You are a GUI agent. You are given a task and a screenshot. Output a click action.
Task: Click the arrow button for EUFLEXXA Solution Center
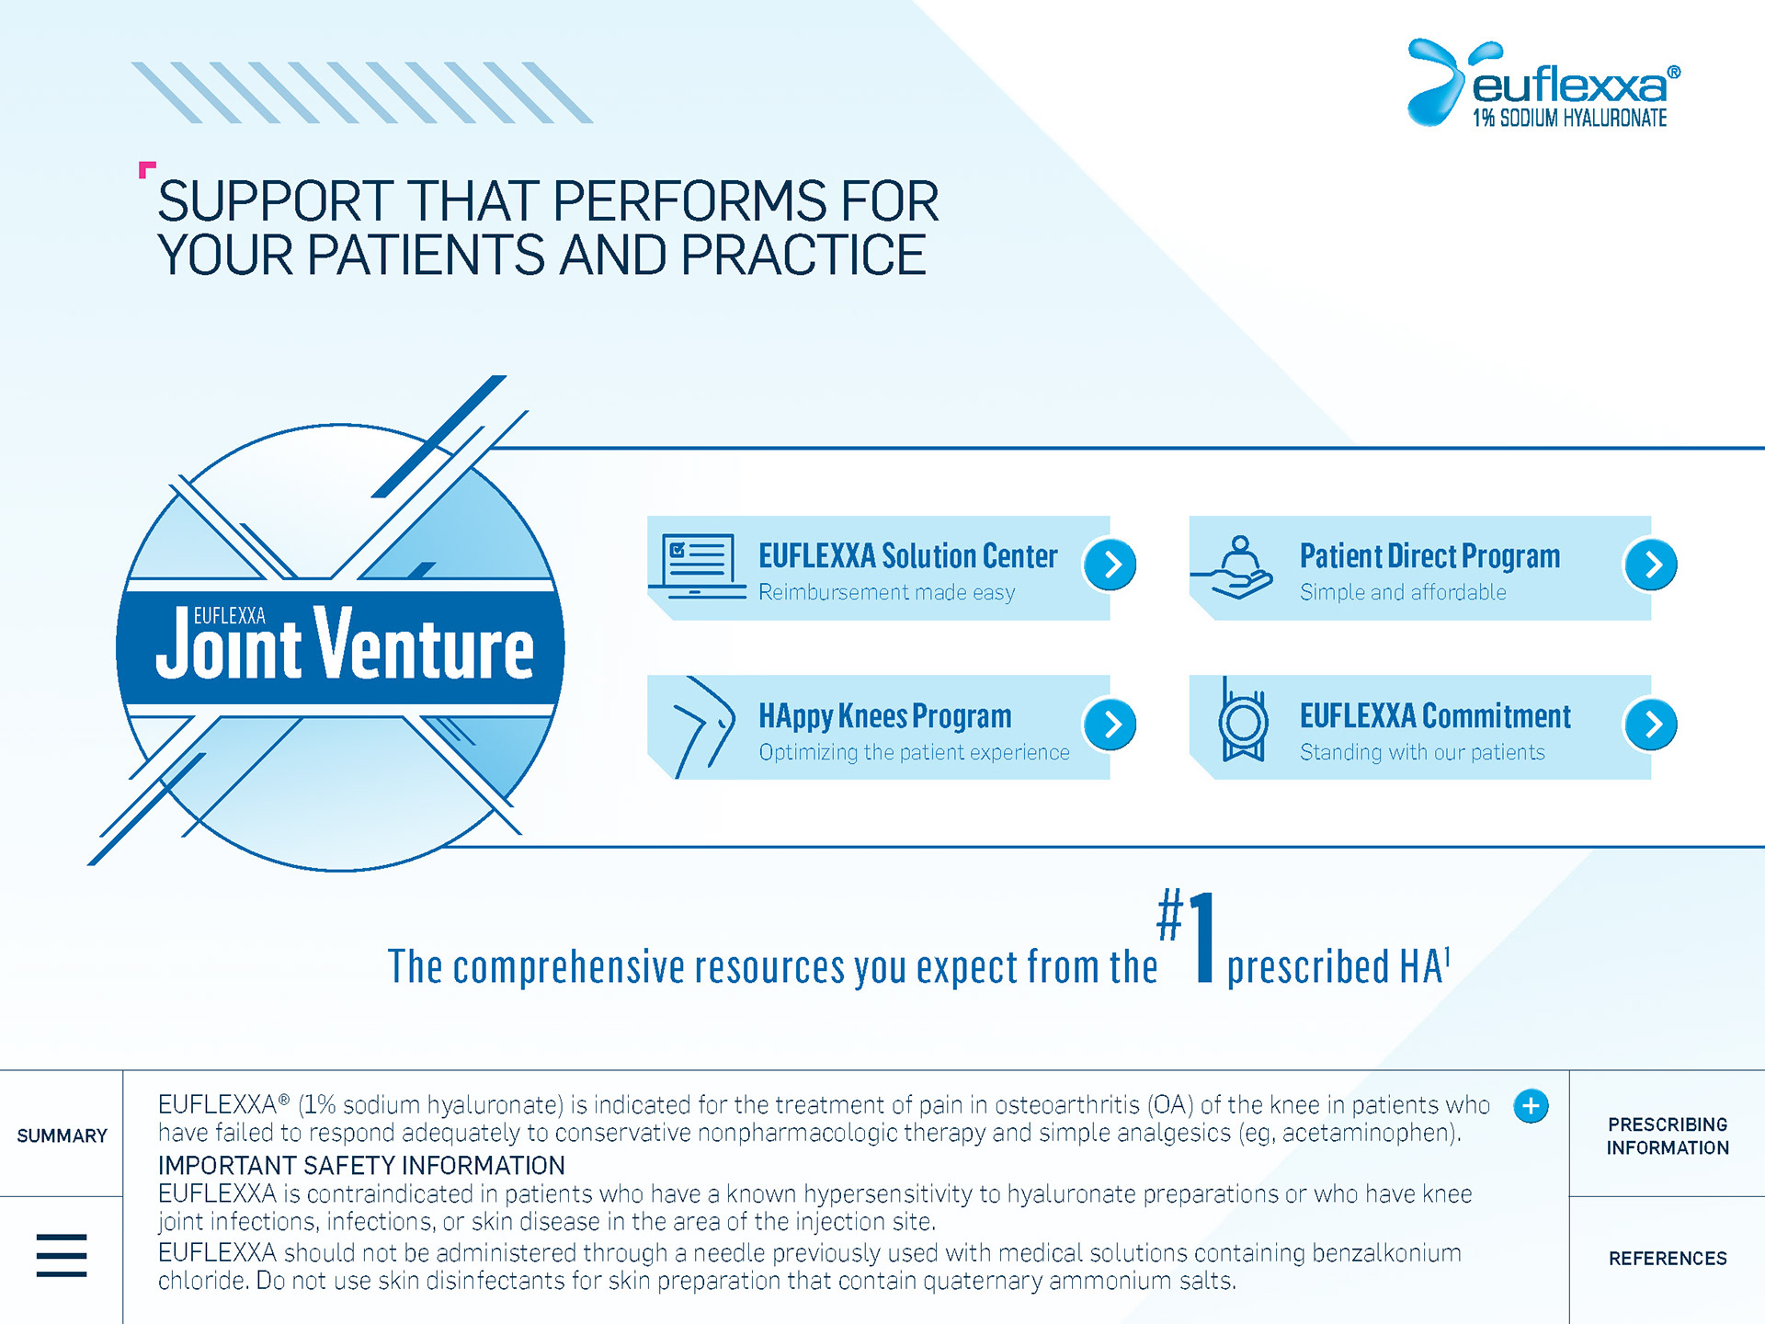pyautogui.click(x=1110, y=565)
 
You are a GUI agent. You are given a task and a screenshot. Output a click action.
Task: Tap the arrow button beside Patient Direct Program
pyautogui.click(x=1651, y=565)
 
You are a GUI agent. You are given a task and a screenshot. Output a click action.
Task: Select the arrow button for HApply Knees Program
pyautogui.click(x=1110, y=725)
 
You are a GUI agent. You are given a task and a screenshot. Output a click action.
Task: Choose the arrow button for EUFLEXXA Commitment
pyautogui.click(x=1651, y=725)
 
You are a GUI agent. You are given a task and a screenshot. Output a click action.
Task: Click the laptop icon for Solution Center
pyautogui.click(x=699, y=565)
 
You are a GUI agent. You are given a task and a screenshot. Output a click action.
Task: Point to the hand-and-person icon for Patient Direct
pyautogui.click(x=1233, y=567)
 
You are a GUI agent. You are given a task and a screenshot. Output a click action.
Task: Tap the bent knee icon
pyautogui.click(x=703, y=727)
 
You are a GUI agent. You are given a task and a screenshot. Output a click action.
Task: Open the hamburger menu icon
pyautogui.click(x=62, y=1255)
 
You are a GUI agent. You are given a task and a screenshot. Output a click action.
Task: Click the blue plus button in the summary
pyautogui.click(x=1531, y=1106)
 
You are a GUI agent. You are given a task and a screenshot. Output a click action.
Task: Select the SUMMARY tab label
pyautogui.click(x=63, y=1136)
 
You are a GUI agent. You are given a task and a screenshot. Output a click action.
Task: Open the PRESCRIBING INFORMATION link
pyautogui.click(x=1668, y=1136)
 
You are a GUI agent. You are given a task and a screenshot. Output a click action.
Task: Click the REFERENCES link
pyautogui.click(x=1668, y=1259)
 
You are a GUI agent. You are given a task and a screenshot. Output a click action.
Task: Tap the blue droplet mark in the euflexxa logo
pyautogui.click(x=1436, y=81)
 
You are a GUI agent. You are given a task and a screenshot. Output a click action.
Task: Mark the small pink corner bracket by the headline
pyautogui.click(x=145, y=168)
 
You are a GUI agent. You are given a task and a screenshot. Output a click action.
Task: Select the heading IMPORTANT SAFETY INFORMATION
pyautogui.click(x=361, y=1166)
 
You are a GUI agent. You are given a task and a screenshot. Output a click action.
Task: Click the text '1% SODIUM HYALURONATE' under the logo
pyautogui.click(x=1569, y=118)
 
